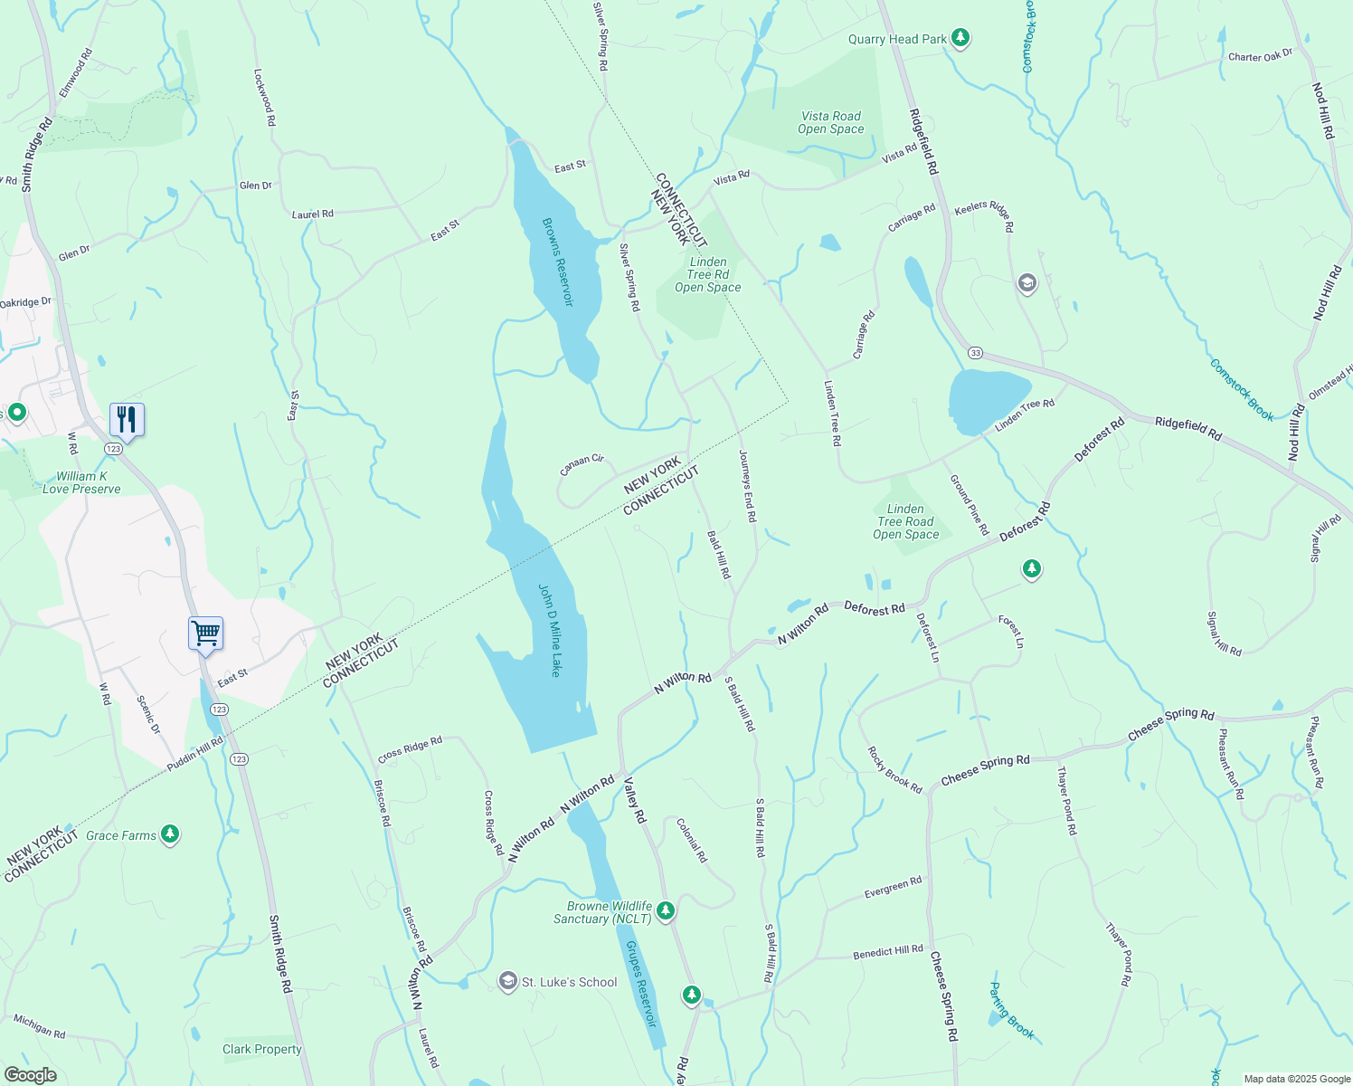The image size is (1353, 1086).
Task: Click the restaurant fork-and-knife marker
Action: click(x=127, y=420)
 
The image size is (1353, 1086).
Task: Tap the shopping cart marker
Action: click(x=205, y=633)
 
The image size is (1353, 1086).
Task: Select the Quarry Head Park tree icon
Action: click(x=961, y=38)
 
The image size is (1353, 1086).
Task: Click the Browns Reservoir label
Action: click(x=558, y=262)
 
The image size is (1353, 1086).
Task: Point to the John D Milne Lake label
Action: click(x=550, y=630)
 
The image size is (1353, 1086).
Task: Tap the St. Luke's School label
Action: click(x=569, y=982)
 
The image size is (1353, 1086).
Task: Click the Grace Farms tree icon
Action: click(x=170, y=834)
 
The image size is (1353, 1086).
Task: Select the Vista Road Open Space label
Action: click(x=830, y=122)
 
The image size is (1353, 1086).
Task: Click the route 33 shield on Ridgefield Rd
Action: click(x=974, y=352)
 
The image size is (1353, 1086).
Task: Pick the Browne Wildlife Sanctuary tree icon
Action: click(x=666, y=910)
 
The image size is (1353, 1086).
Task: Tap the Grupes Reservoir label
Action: click(x=640, y=983)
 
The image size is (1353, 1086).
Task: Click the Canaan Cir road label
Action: click(x=582, y=464)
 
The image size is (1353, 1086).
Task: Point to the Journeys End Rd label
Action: click(x=747, y=486)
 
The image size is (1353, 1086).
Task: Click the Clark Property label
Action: click(x=262, y=1049)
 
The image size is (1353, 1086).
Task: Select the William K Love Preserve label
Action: click(x=80, y=482)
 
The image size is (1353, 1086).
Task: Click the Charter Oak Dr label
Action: click(x=1260, y=56)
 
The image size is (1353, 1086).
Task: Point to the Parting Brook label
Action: click(x=1010, y=1011)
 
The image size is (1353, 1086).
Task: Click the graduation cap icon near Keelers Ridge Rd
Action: click(x=1027, y=284)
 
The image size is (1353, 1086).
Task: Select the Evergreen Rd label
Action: click(x=893, y=888)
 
